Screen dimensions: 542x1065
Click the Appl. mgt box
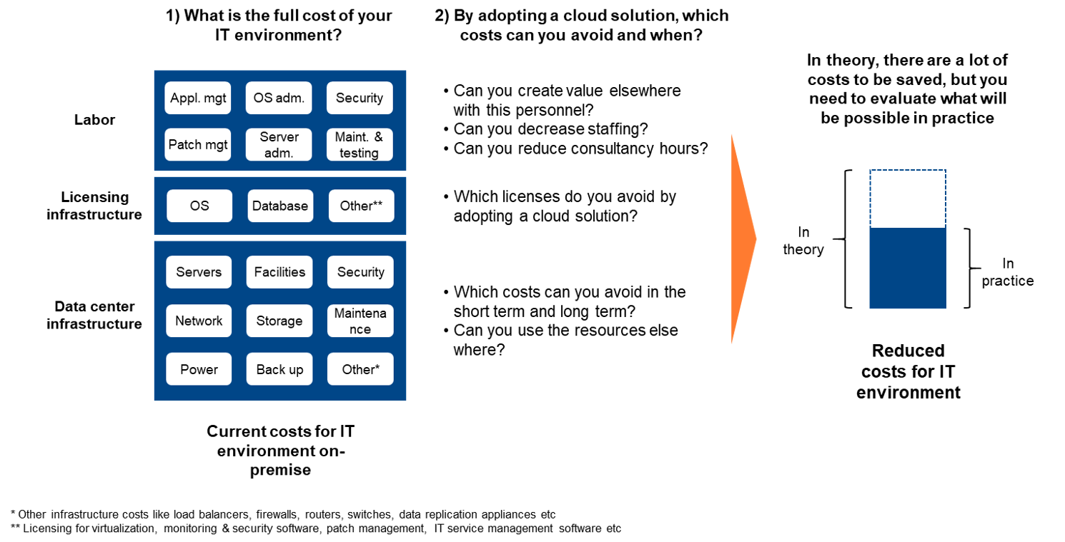198,98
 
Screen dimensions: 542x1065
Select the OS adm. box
279,98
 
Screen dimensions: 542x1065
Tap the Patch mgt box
198,144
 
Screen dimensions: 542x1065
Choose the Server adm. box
279,144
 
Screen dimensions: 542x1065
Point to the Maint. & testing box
360,144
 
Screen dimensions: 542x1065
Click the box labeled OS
199,206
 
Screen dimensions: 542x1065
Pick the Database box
280,206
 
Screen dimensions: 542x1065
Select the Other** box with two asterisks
361,206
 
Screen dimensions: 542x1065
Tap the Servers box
199,272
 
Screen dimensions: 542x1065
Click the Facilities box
279,272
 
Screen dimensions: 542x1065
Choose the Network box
199,321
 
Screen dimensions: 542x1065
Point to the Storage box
279,321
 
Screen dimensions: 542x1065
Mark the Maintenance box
360,321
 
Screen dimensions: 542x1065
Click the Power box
199,369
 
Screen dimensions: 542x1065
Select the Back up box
279,369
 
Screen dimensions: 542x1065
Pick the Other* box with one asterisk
360,369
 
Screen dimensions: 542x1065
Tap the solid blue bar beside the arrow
908,269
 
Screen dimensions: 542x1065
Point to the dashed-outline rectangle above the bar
908,199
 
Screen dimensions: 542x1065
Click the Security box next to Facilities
360,272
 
